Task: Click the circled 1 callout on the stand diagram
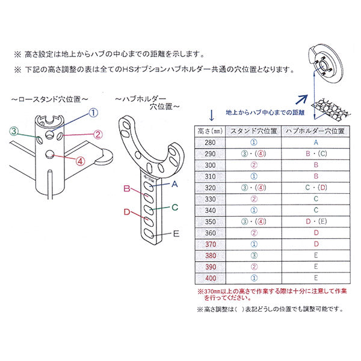[93, 113]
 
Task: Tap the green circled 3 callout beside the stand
[13, 131]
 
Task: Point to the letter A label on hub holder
[174, 184]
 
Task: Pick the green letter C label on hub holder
[174, 208]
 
